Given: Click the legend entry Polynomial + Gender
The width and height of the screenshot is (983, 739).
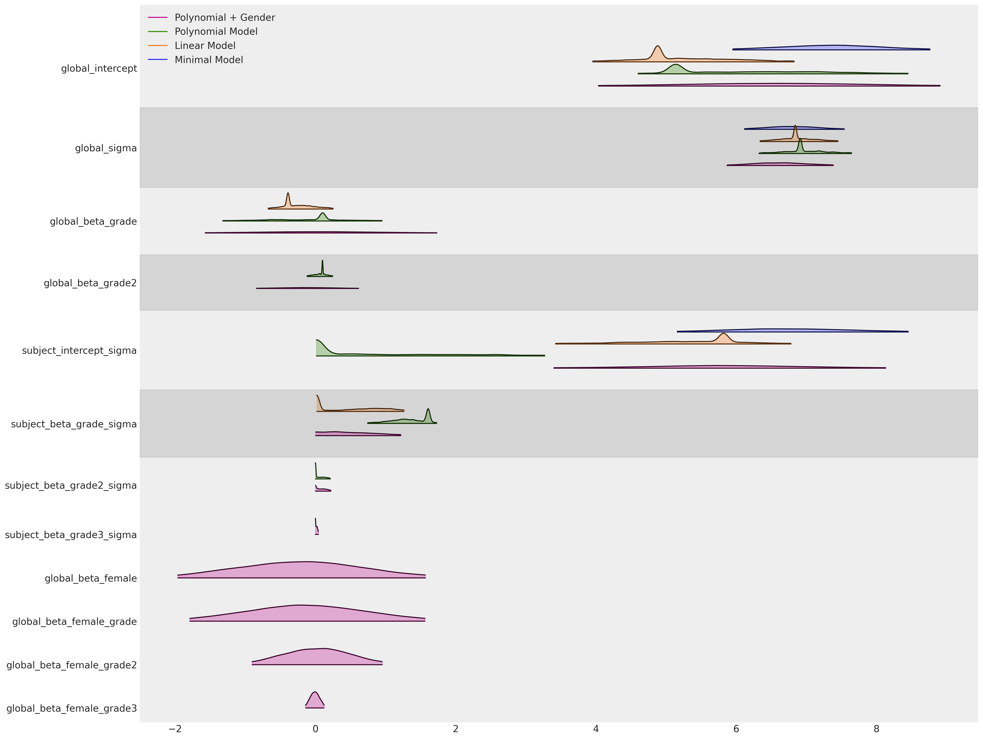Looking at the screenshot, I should tap(224, 18).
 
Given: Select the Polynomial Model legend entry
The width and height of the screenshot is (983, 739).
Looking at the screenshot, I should tap(216, 32).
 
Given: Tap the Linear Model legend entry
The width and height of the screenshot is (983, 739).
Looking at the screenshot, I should tap(205, 46).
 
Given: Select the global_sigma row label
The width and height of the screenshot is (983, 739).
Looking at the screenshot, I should tap(106, 148).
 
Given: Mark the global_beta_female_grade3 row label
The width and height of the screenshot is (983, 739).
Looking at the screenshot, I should tap(72, 708).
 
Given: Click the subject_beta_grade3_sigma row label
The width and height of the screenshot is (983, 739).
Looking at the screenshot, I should tap(71, 535).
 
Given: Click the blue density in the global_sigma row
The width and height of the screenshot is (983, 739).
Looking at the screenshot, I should tap(794, 128).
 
